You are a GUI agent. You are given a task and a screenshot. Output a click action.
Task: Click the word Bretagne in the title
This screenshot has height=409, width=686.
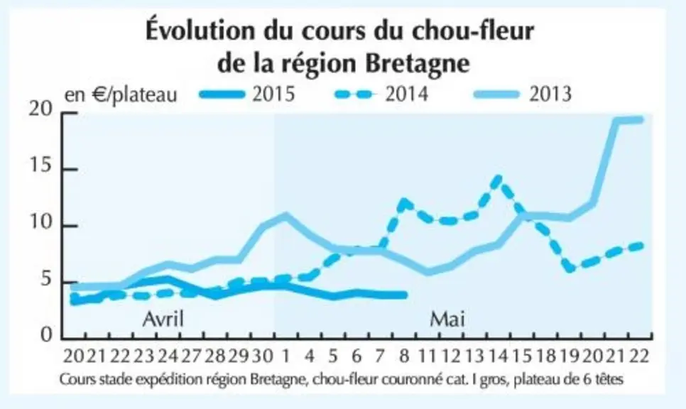tap(418, 64)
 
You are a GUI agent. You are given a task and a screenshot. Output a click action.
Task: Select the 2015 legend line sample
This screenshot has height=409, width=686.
tap(222, 94)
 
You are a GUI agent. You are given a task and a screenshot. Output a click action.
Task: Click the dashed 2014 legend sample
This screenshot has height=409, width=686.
tap(354, 94)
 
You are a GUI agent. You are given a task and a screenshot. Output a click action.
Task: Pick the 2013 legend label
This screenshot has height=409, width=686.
tap(550, 94)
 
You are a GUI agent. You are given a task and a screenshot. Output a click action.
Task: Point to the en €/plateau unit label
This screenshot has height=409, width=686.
tap(121, 95)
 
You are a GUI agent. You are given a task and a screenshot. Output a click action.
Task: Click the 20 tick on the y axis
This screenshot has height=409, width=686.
tap(40, 109)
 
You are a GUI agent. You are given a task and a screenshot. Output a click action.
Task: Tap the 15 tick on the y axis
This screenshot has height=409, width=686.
tap(40, 165)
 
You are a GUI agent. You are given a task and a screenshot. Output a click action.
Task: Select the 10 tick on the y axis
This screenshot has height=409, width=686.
tap(40, 223)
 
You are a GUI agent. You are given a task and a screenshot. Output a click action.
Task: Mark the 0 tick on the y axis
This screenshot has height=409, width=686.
tap(46, 334)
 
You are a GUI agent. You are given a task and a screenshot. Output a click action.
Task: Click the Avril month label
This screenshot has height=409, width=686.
tap(163, 319)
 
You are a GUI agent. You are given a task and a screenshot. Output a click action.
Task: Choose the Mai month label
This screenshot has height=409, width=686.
tap(447, 319)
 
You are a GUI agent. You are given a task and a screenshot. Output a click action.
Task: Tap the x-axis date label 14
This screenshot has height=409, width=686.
tap(499, 356)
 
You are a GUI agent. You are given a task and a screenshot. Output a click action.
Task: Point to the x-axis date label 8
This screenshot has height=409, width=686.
tap(404, 356)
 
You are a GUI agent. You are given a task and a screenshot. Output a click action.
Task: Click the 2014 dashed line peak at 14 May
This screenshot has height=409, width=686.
tap(499, 178)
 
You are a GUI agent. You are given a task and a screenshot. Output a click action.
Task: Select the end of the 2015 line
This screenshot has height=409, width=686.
tap(405, 295)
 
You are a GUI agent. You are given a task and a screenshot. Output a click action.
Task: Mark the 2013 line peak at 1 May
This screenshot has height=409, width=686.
tap(285, 215)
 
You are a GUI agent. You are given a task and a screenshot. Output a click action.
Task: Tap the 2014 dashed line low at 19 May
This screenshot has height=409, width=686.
tap(570, 268)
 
